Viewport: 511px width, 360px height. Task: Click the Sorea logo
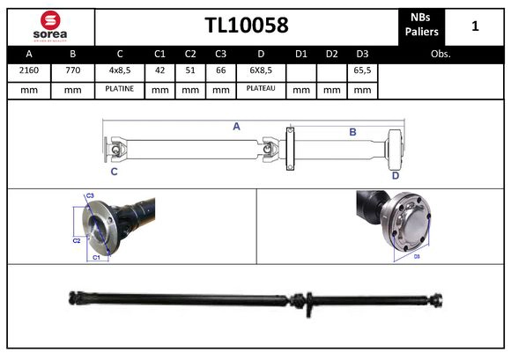(48, 26)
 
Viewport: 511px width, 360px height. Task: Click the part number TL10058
(247, 26)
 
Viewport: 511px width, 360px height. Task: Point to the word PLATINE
(119, 89)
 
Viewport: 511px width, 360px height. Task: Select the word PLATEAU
(261, 89)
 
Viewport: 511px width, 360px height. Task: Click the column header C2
(190, 54)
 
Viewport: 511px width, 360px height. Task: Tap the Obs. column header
(441, 54)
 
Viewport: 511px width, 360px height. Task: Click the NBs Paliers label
(420, 26)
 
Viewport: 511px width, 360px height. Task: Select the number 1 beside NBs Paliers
(476, 26)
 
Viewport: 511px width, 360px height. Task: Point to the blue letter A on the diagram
(236, 127)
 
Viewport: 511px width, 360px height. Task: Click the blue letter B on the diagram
(352, 131)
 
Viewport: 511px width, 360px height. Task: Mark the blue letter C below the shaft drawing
(114, 172)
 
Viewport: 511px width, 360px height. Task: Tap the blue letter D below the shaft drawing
(396, 174)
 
